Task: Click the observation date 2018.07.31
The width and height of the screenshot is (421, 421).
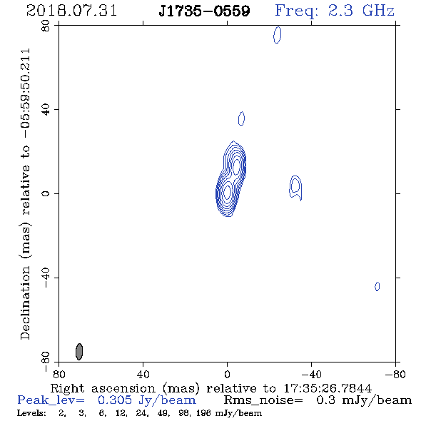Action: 71,11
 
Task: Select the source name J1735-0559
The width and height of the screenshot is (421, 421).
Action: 205,11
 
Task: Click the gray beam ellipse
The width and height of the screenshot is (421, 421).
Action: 79,352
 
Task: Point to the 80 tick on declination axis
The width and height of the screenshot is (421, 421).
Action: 46,26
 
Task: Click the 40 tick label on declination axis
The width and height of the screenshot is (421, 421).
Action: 46,110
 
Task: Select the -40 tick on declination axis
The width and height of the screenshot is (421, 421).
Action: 46,278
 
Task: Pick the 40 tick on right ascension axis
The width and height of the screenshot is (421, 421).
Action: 143,374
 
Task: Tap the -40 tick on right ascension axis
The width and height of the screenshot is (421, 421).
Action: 311,374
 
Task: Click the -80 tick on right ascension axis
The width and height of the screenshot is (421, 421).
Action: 395,374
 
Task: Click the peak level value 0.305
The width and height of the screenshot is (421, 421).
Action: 115,400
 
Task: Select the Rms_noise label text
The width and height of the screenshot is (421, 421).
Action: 263,400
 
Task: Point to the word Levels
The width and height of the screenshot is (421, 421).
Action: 31,413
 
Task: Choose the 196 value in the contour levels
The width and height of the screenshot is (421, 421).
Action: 203,413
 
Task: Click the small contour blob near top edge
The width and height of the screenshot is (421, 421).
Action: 278,35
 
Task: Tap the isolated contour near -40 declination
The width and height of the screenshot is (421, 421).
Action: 377,286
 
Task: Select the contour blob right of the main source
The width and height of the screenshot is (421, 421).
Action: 295,188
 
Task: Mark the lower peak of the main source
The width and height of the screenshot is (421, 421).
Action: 227,192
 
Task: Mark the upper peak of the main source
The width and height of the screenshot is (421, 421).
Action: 236,166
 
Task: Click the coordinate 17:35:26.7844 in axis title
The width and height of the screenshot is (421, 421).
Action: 328,388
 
